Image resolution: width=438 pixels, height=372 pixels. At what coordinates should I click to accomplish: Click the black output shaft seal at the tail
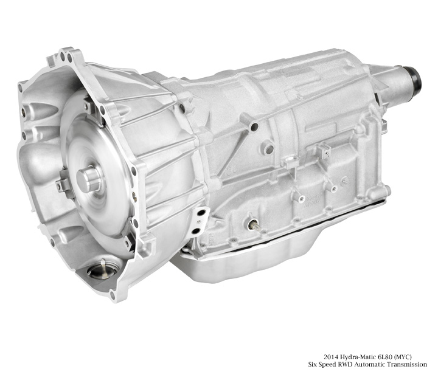tap(414, 77)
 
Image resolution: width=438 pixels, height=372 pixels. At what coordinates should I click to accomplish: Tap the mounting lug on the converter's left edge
tap(62, 184)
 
